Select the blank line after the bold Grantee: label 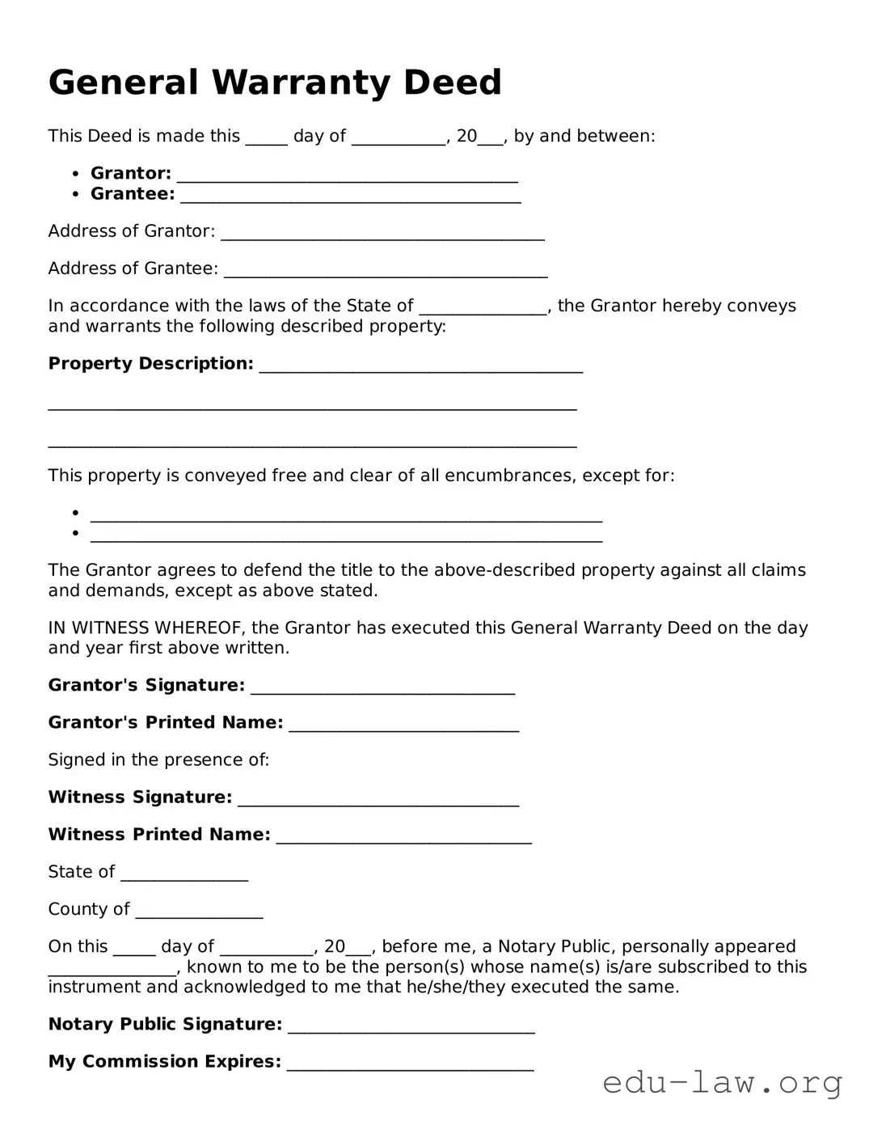[350, 197]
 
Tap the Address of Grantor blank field [382, 234]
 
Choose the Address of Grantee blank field [386, 271]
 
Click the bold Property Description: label [150, 364]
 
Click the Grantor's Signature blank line [382, 688]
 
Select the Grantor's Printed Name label [166, 722]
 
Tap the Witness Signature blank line [378, 800]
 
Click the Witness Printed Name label [159, 834]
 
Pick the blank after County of [199, 911]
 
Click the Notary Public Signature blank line [411, 1027]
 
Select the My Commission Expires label [165, 1061]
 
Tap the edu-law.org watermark [722, 1082]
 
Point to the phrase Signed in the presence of [158, 759]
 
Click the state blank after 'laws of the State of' [483, 308]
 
